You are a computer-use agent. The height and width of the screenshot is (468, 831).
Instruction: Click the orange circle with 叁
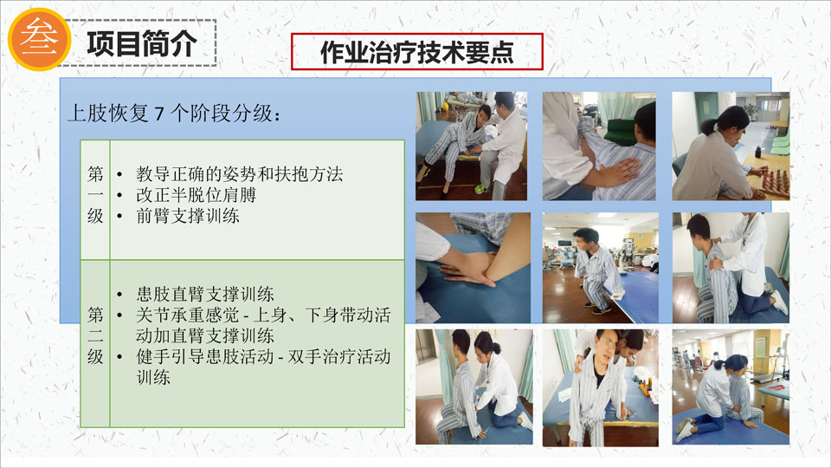pyautogui.click(x=40, y=39)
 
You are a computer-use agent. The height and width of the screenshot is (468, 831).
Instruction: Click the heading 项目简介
pyautogui.click(x=142, y=43)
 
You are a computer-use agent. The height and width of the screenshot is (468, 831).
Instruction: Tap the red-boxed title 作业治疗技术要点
pyautogui.click(x=417, y=52)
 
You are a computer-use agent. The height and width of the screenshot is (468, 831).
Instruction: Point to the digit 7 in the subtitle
pyautogui.click(x=159, y=114)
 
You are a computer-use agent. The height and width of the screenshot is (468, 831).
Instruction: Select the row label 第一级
pyautogui.click(x=95, y=195)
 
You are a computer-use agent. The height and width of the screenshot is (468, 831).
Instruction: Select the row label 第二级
pyautogui.click(x=95, y=335)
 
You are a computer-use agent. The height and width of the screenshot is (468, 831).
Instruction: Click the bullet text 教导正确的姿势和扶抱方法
pyautogui.click(x=240, y=174)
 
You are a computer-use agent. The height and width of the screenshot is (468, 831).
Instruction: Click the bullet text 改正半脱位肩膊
pyautogui.click(x=196, y=195)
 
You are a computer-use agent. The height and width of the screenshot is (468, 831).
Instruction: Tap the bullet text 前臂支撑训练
pyautogui.click(x=188, y=216)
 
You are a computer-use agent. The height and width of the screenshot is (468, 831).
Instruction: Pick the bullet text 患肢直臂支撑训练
pyautogui.click(x=205, y=294)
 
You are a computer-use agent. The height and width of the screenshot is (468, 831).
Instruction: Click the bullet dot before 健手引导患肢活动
pyautogui.click(x=119, y=357)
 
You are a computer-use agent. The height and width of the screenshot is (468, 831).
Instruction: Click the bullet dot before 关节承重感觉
pyautogui.click(x=119, y=315)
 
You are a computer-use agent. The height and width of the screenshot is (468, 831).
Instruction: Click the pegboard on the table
pyautogui.click(x=773, y=180)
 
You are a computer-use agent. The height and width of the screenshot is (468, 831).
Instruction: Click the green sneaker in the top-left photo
pyautogui.click(x=480, y=189)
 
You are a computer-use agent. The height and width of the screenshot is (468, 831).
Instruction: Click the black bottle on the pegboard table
pyautogui.click(x=759, y=151)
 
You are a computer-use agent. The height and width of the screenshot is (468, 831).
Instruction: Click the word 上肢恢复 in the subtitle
pyautogui.click(x=108, y=114)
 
